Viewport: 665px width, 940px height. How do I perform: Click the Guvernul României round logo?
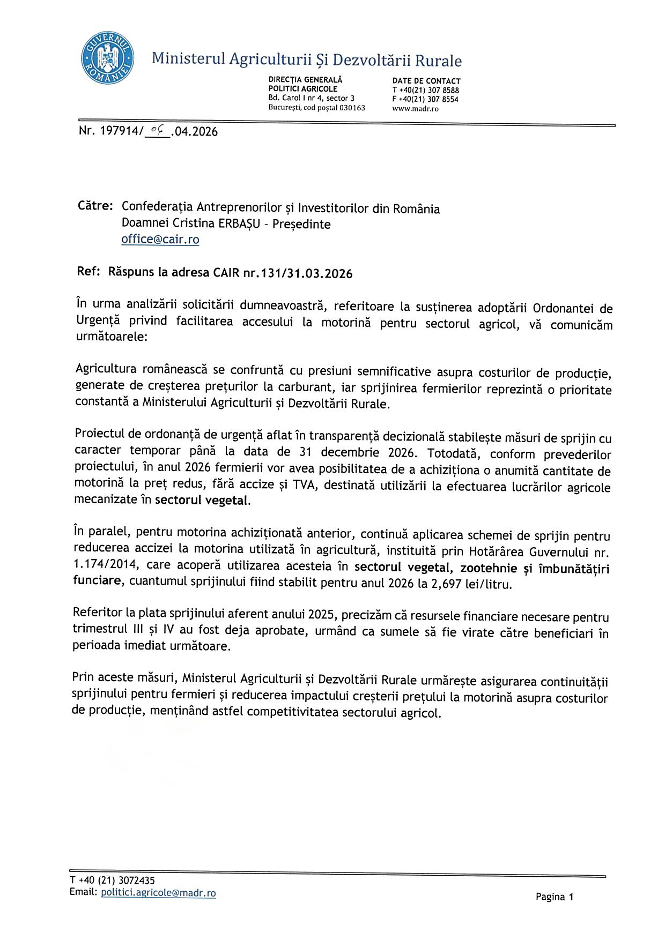coord(107,57)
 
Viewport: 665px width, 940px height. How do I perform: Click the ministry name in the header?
coord(306,59)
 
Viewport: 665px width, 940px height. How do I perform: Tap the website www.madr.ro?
coord(415,109)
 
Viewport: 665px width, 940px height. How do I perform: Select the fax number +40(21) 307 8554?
coord(428,99)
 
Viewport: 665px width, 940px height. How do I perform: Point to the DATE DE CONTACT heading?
coord(426,81)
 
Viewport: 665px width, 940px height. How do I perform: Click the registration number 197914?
coord(120,131)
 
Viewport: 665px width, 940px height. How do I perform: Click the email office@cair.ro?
coord(160,240)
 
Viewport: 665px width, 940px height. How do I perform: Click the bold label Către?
coord(95,206)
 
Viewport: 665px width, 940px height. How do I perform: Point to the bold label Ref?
coord(88,271)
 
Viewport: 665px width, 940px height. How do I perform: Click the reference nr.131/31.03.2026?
coord(298,273)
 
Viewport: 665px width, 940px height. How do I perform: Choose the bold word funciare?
coord(97,580)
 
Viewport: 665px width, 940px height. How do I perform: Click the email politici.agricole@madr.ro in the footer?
coord(158,893)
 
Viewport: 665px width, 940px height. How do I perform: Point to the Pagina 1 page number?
coord(555,897)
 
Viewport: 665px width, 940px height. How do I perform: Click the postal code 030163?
coord(352,108)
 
